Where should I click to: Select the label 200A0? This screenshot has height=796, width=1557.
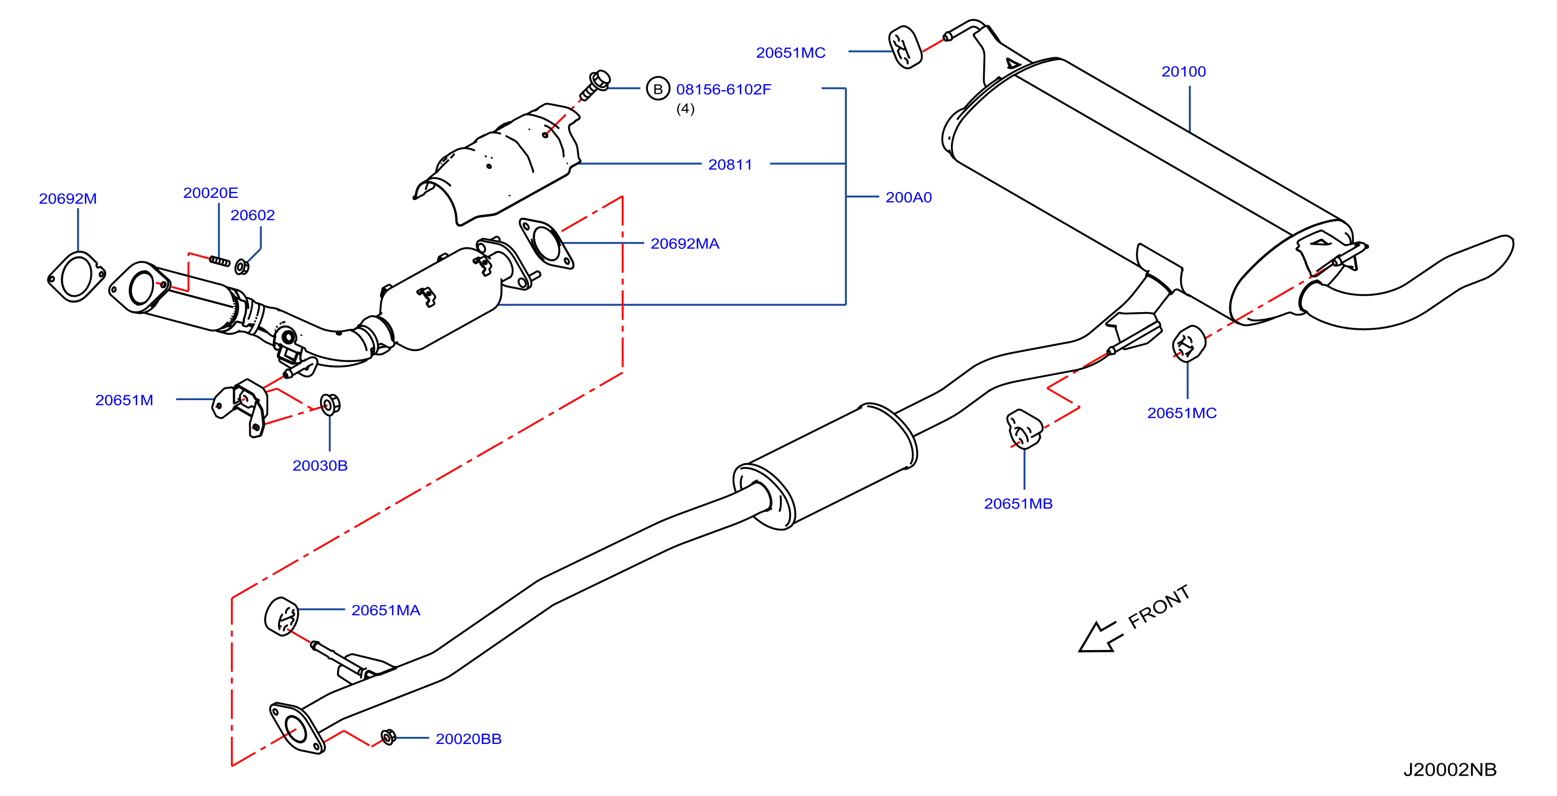click(909, 197)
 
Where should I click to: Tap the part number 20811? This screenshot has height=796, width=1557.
click(730, 164)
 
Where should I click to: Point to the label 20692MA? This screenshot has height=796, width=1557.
click(685, 244)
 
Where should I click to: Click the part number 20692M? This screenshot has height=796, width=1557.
click(68, 198)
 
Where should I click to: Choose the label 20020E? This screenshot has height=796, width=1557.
click(210, 193)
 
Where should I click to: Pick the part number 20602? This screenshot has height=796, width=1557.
click(253, 215)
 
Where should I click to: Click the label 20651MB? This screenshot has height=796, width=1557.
click(1018, 504)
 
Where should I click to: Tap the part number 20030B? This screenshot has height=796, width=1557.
click(320, 466)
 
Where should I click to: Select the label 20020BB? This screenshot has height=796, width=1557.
click(468, 739)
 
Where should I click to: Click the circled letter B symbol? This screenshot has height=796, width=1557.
click(658, 89)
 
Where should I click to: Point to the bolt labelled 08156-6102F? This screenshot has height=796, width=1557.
click(595, 86)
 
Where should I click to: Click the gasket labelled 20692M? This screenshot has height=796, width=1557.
click(76, 276)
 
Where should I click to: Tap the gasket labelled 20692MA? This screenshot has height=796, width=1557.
click(547, 243)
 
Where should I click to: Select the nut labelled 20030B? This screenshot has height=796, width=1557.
click(330, 404)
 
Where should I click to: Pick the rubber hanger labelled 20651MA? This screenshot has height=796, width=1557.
click(282, 616)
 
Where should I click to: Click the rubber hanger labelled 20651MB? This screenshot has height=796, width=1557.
click(1024, 430)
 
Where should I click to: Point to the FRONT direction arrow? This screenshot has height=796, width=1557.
click(1100, 637)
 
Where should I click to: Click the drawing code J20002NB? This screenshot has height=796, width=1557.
click(1449, 769)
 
